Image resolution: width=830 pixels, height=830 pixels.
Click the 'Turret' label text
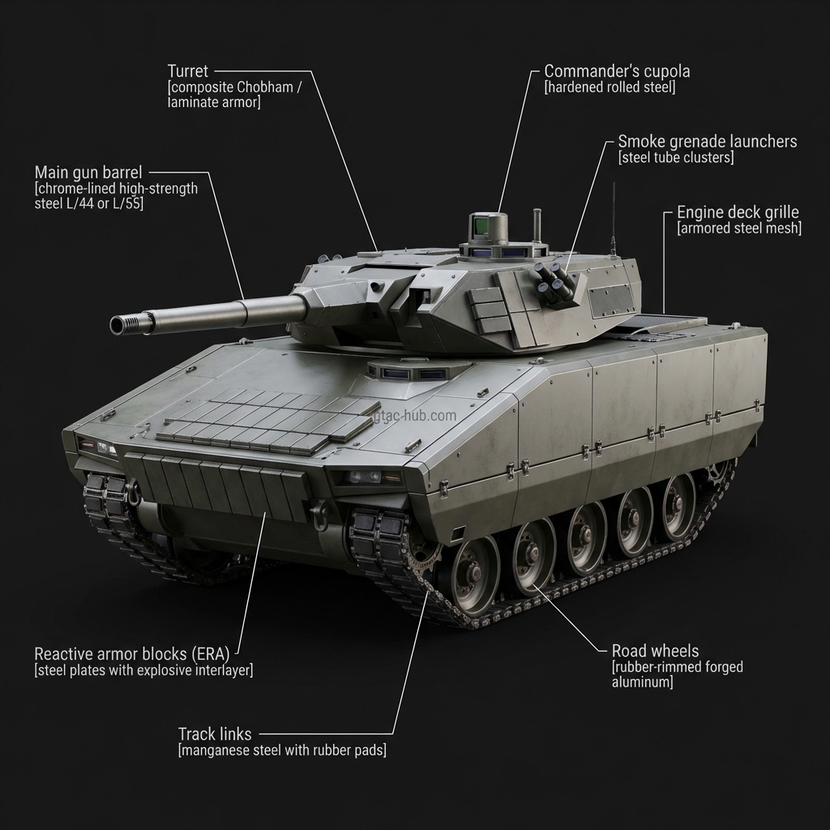click(x=187, y=71)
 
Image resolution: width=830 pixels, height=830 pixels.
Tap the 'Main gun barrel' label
click(x=88, y=172)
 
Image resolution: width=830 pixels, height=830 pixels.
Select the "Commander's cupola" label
click(x=617, y=71)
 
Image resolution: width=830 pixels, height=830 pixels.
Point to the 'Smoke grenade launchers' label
click(x=707, y=142)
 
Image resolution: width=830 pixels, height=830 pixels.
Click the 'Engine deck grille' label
click(x=738, y=212)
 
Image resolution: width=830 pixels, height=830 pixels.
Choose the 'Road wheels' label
click(x=655, y=651)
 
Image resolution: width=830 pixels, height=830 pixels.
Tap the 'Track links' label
click(x=215, y=734)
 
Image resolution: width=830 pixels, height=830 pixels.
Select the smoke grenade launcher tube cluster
click(x=553, y=283)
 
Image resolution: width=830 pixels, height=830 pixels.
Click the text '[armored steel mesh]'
click(x=738, y=229)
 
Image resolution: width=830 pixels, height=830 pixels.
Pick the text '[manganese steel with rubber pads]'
click(x=282, y=751)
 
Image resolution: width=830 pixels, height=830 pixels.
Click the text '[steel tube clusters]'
click(x=676, y=158)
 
